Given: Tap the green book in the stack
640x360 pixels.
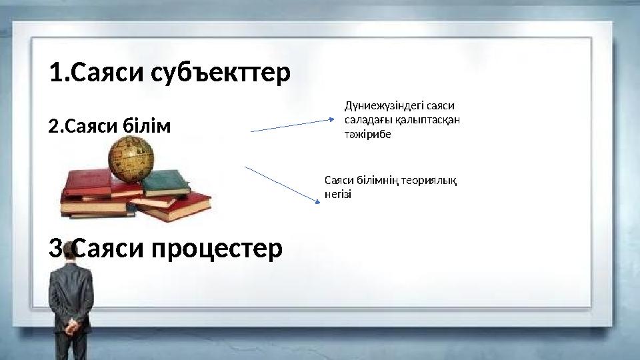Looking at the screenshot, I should click(x=167, y=181).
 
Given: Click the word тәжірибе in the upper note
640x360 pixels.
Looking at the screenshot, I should click(x=367, y=134).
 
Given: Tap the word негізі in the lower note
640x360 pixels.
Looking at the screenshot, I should click(x=337, y=194).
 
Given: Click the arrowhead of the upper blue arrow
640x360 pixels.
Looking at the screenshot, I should click(x=337, y=120).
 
